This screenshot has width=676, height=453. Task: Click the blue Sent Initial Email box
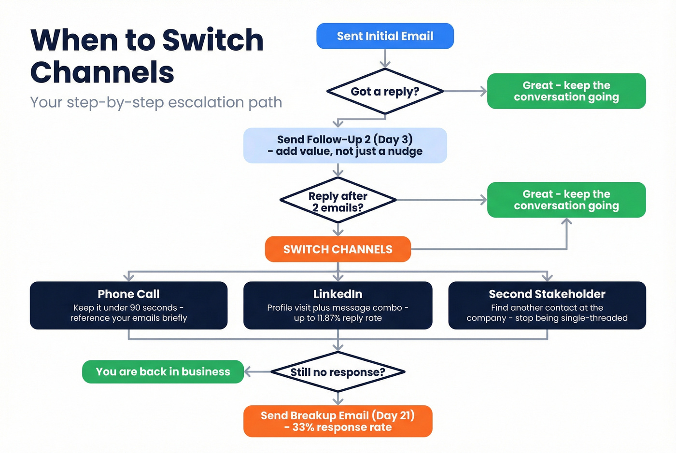[385, 36]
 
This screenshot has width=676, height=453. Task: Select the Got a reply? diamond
[385, 92]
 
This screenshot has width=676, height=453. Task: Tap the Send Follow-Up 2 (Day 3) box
[345, 145]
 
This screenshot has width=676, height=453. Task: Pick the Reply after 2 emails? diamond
[338, 202]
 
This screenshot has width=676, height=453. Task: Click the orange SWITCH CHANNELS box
[338, 249]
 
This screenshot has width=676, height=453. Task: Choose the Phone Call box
[128, 305]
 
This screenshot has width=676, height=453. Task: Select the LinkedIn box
[338, 305]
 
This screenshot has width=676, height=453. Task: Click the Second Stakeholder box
[547, 305]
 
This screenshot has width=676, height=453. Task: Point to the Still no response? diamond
[338, 372]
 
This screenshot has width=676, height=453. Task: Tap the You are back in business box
[163, 372]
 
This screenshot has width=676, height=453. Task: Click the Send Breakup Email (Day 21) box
[338, 421]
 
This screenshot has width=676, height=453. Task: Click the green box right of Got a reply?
[566, 91]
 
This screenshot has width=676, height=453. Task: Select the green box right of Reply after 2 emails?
[566, 200]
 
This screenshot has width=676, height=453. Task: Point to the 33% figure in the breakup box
[303, 427]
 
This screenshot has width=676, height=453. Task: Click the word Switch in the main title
[212, 40]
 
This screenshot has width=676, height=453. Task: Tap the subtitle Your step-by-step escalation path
[156, 102]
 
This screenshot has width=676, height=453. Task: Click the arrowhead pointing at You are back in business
[248, 372]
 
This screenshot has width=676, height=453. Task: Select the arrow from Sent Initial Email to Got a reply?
[385, 59]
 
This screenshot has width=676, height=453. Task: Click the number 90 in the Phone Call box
[135, 308]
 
